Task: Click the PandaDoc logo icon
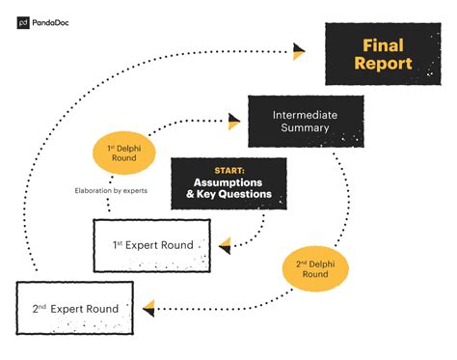23,23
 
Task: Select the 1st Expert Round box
155,245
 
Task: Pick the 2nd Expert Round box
77,308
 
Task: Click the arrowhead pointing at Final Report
299,50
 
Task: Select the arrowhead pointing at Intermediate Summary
233,121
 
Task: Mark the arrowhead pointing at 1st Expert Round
226,246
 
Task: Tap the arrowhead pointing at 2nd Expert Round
148,308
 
